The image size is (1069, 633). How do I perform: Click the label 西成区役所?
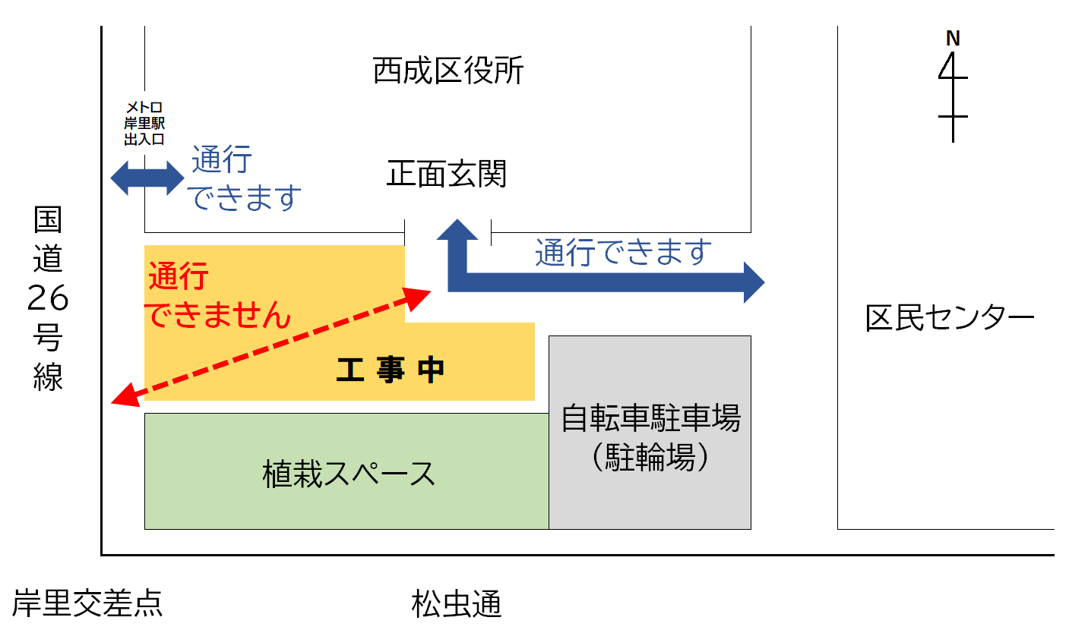point(448,72)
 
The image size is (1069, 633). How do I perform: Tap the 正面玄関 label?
point(446,175)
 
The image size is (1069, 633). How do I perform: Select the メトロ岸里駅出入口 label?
point(144,124)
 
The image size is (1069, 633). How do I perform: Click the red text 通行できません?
point(218,297)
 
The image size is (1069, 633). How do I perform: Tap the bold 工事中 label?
point(390,371)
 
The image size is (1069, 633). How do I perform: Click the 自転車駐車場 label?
point(650,418)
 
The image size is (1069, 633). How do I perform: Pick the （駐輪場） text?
point(650,457)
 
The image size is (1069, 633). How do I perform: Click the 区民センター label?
point(950,318)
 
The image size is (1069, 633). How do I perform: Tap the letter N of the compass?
point(953,38)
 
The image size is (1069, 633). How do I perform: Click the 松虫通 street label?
point(457,605)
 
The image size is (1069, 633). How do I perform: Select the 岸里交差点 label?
point(87,604)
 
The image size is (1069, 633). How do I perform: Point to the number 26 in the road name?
point(48,301)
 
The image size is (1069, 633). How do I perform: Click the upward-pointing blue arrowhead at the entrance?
point(456,230)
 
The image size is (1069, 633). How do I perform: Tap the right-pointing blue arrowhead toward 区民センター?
point(752,282)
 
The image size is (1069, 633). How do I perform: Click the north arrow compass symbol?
point(953,95)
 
